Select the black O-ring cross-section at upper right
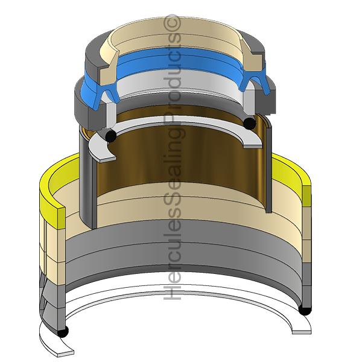249,123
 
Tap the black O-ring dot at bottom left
62,331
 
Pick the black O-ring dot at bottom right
305,310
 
